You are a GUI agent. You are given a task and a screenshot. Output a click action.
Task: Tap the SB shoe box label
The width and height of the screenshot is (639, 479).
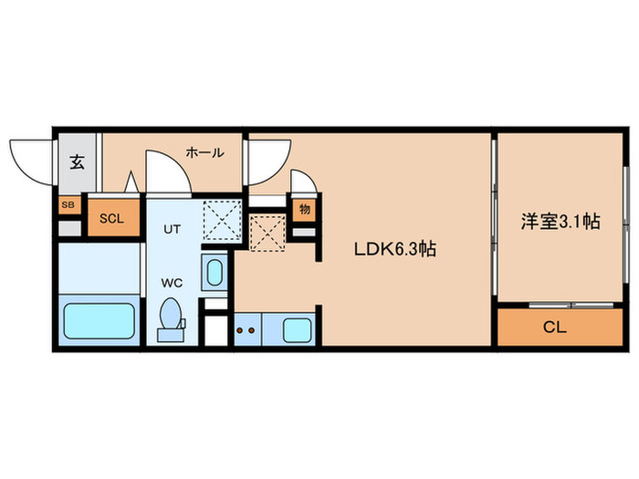tap(68, 205)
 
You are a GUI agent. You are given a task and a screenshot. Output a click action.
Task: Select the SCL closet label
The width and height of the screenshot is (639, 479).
tap(111, 218)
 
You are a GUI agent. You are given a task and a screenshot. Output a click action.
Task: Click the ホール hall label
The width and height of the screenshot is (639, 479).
tap(204, 153)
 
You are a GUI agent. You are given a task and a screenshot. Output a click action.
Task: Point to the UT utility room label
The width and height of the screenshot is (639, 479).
tap(172, 230)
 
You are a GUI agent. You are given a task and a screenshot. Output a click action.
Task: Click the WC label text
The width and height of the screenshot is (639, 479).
tap(172, 283)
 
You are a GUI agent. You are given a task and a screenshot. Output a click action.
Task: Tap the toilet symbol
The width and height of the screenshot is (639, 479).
tap(171, 319)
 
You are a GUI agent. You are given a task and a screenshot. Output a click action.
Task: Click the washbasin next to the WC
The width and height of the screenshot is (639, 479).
tap(215, 273)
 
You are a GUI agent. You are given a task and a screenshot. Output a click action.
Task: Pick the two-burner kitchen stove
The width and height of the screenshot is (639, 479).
tap(246, 329)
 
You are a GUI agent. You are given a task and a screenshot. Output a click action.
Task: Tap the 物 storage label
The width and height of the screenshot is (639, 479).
tap(304, 209)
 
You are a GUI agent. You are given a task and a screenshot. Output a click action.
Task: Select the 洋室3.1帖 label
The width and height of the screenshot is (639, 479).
tap(560, 221)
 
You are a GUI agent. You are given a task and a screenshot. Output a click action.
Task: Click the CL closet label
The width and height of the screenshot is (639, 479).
tap(554, 327)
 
